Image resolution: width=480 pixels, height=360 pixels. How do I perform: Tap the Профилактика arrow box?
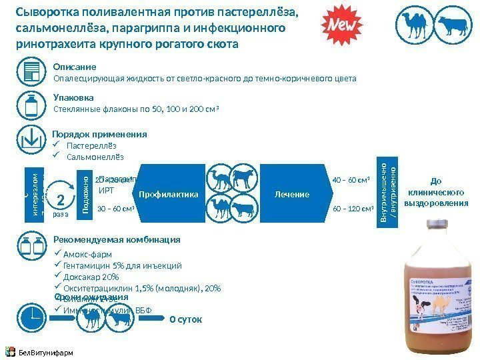pos(169,194)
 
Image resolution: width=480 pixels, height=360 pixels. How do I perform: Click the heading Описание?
pos(75,67)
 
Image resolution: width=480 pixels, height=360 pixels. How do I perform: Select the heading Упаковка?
pos(73,97)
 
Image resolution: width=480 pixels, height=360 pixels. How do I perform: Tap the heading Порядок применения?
pos(99,134)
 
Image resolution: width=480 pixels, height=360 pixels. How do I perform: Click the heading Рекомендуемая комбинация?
pos(117,239)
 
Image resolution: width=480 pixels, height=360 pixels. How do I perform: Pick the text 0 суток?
pos(185,319)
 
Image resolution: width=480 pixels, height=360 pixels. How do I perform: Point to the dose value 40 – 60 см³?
pos(351,180)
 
